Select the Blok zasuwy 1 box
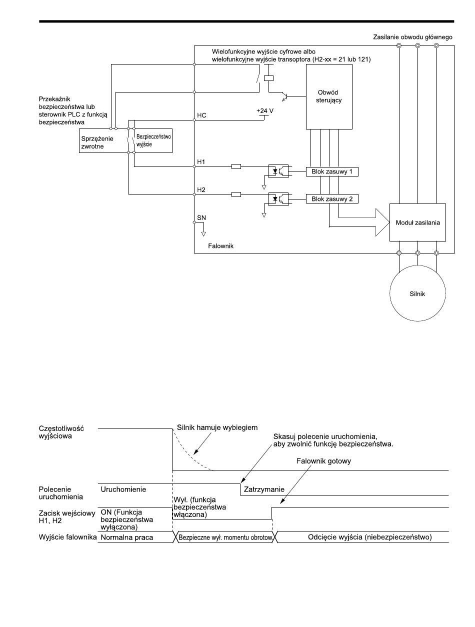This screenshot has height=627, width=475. pos(332,171)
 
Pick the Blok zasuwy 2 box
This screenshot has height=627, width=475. pos(332,199)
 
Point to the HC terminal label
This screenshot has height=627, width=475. pos(201,115)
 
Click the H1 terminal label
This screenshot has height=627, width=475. pos(201,162)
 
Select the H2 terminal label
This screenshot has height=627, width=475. pos(201,190)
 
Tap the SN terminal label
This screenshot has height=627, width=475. pos(201,217)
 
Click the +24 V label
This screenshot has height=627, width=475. pos(265,111)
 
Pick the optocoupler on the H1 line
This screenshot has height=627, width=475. pos(278,171)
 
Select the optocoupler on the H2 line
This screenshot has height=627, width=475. pos(278,199)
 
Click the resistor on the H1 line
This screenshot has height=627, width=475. pos(236,166)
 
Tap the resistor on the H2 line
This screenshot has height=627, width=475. pos(236,194)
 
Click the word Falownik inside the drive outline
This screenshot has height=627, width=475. pos(220,246)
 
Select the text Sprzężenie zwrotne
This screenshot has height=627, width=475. pos(97,142)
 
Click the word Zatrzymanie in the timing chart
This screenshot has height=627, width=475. pos(264,489)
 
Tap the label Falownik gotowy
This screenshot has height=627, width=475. pos(323,461)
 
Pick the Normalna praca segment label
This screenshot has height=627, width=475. pos(127,537)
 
